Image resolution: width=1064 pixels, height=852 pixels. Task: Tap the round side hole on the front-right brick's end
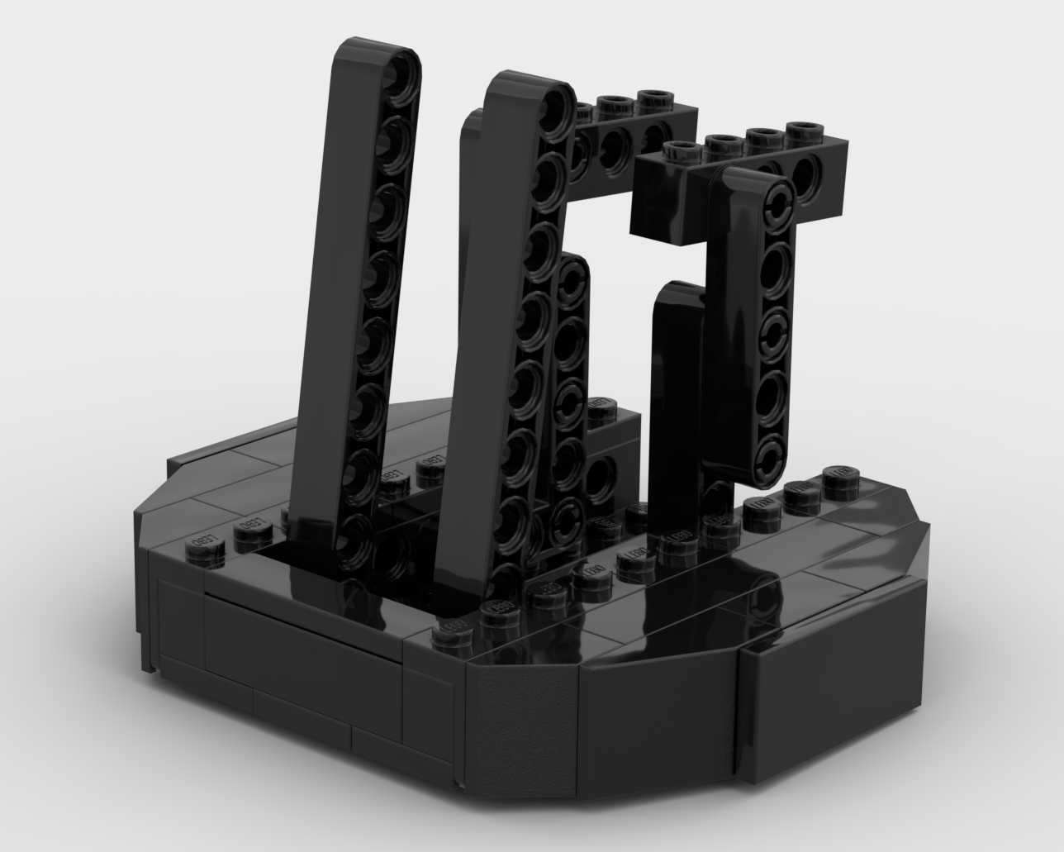click(806, 174)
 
